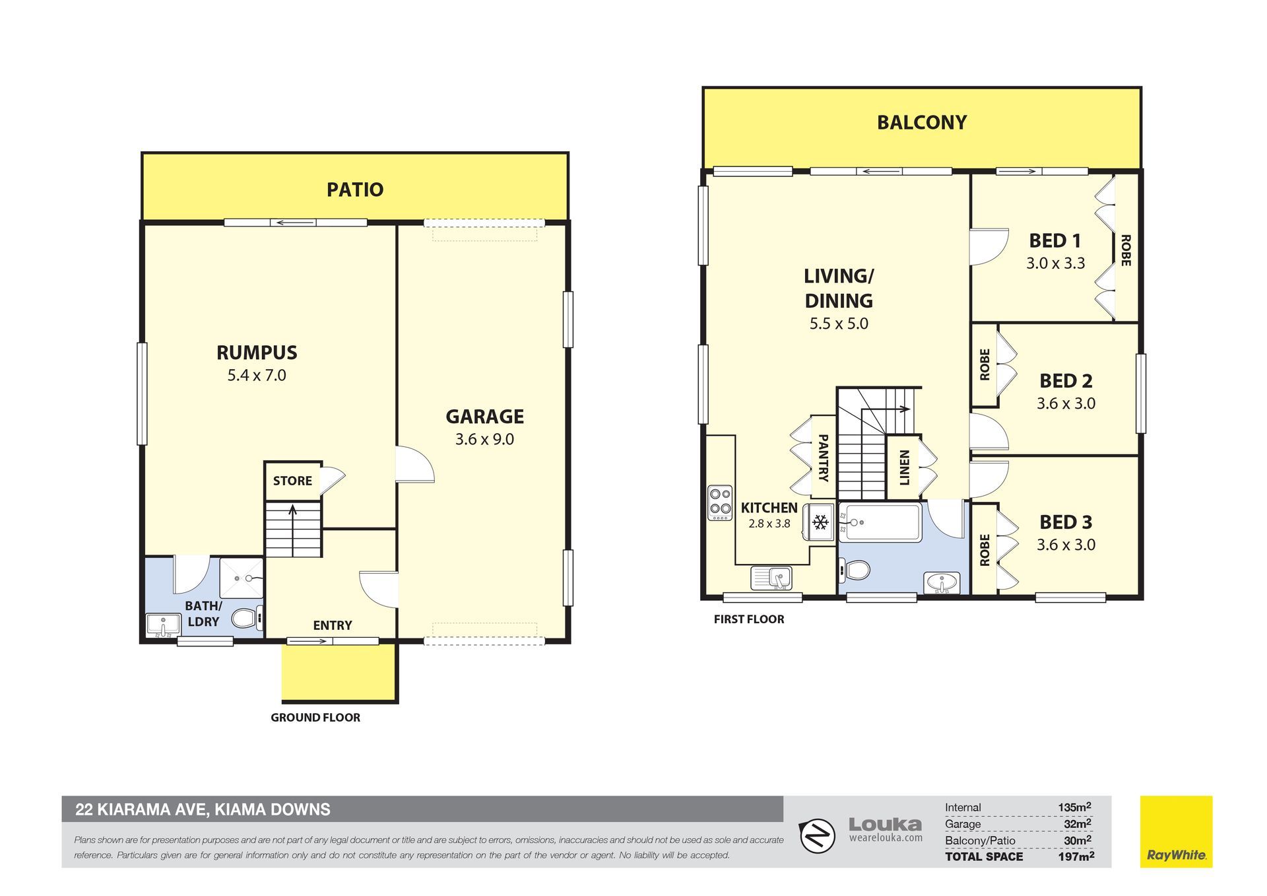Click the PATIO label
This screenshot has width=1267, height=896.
click(x=355, y=190)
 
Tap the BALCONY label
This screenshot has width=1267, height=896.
click(x=922, y=122)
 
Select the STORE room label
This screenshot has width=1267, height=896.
click(x=292, y=481)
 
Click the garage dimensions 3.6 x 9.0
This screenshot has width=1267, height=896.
click(x=484, y=439)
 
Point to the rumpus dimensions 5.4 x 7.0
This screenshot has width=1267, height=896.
click(x=257, y=375)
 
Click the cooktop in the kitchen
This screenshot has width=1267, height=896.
click(x=720, y=502)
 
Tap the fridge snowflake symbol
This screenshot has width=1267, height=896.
click(x=820, y=523)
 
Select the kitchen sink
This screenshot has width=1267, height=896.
click(x=772, y=578)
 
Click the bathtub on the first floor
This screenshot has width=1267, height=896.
click(x=880, y=522)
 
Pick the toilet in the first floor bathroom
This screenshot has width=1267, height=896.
click(x=855, y=569)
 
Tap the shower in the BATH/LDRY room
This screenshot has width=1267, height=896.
click(x=242, y=578)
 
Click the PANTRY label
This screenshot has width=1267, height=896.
click(x=823, y=458)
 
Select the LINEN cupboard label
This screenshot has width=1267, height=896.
click(x=905, y=467)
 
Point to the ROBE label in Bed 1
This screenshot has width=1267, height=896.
click(x=1126, y=250)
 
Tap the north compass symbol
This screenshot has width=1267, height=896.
click(x=818, y=836)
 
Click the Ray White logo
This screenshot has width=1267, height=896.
click(x=1177, y=831)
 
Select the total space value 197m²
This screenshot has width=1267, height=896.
click(x=1076, y=856)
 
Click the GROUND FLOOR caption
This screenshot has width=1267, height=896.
click(x=315, y=718)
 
